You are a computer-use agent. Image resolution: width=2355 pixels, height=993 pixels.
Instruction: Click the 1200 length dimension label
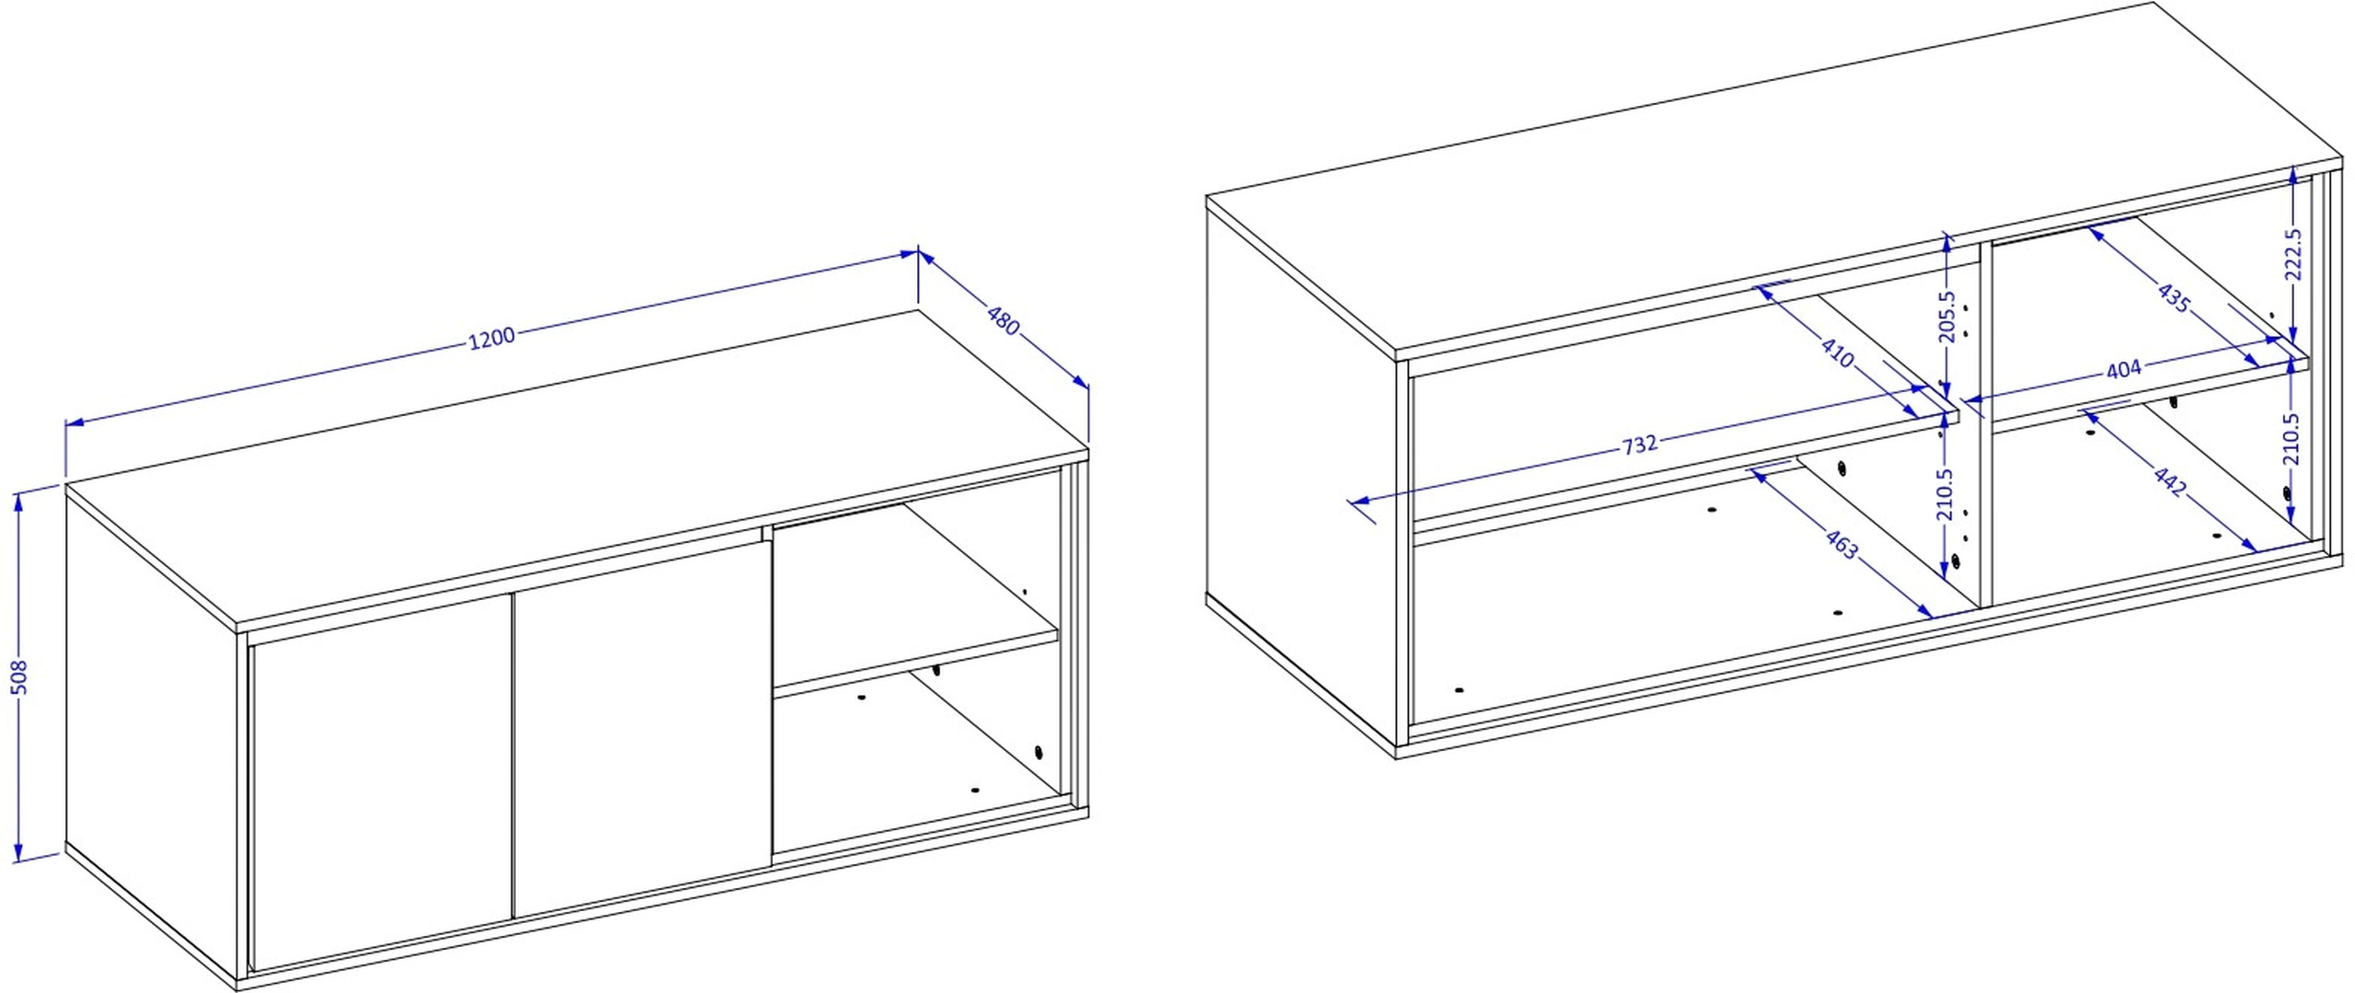492,339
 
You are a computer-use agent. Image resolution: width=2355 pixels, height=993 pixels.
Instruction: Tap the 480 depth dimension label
1004,318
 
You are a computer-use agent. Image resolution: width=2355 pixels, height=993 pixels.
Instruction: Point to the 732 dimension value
1639,445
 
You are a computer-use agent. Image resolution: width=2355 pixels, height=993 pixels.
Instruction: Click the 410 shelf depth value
1837,352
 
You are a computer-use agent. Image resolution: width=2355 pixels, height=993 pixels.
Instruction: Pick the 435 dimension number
2174,297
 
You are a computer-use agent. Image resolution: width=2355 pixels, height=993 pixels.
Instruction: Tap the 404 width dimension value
2123,369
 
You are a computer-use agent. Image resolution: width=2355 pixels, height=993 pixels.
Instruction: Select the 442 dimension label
2169,481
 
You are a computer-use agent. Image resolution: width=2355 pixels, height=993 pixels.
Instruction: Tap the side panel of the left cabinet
151,732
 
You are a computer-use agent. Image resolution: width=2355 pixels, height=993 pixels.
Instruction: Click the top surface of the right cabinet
1775,179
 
